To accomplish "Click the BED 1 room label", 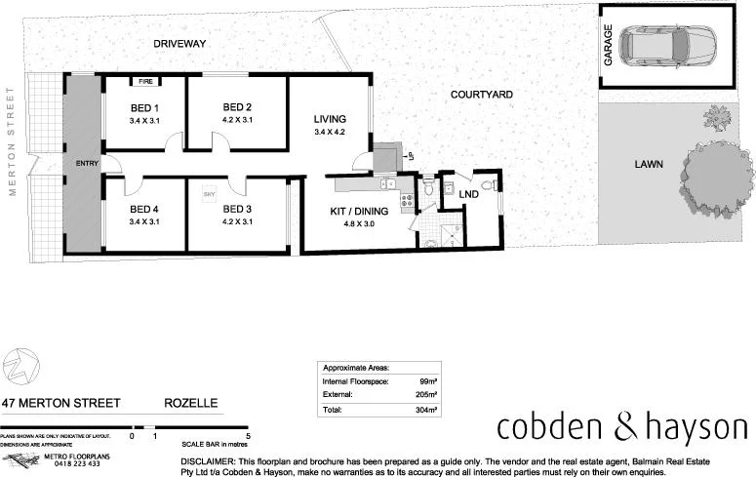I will [x=143, y=107].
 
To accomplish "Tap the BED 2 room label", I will [x=237, y=107].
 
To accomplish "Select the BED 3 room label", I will [x=237, y=209].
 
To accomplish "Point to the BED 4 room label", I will [x=143, y=209].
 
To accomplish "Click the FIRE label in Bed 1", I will [x=144, y=82].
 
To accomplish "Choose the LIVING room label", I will [x=330, y=119].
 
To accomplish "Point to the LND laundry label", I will [x=469, y=195].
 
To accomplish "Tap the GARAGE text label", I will [x=608, y=46].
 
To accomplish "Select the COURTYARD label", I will [x=481, y=95].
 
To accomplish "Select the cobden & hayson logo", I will [x=622, y=427].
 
